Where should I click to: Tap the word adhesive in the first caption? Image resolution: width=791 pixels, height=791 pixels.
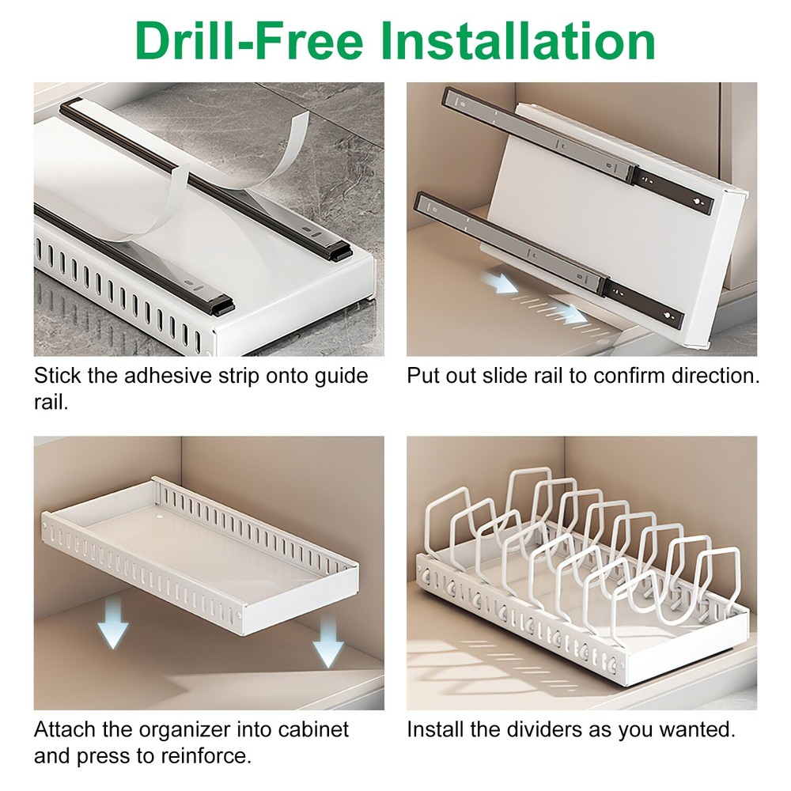click(x=164, y=376)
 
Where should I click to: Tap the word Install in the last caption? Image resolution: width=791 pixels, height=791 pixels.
click(x=433, y=729)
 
